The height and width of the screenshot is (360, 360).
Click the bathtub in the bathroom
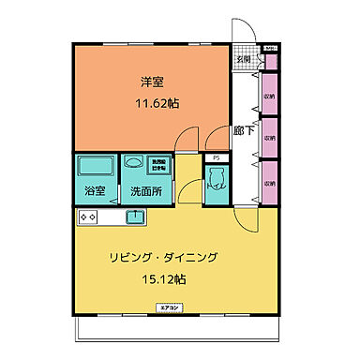[x=95, y=167]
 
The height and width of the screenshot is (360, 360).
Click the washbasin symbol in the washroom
[x=132, y=161]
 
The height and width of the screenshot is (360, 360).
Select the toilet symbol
[x=217, y=185]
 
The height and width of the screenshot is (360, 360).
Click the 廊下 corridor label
[x=243, y=132]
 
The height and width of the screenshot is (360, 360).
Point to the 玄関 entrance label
[x=243, y=59]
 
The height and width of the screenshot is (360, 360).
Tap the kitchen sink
[x=135, y=217]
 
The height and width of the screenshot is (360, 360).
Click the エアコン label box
[x=170, y=307]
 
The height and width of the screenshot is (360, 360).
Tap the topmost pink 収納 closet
[x=270, y=96]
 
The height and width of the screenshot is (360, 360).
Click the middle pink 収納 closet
[x=270, y=137]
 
